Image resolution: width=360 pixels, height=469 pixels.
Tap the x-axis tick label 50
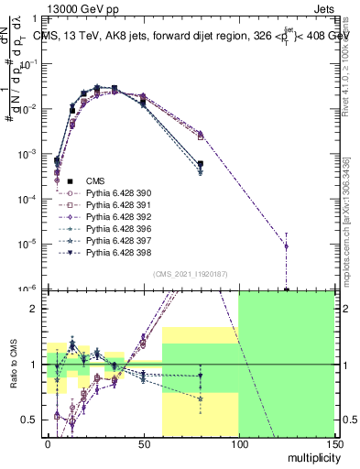(x=143, y=443)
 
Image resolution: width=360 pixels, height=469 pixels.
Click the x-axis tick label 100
(x=238, y=443)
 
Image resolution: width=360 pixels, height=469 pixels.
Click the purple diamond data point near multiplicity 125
(x=286, y=246)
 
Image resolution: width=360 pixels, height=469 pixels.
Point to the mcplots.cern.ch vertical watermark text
(x=351, y=229)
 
